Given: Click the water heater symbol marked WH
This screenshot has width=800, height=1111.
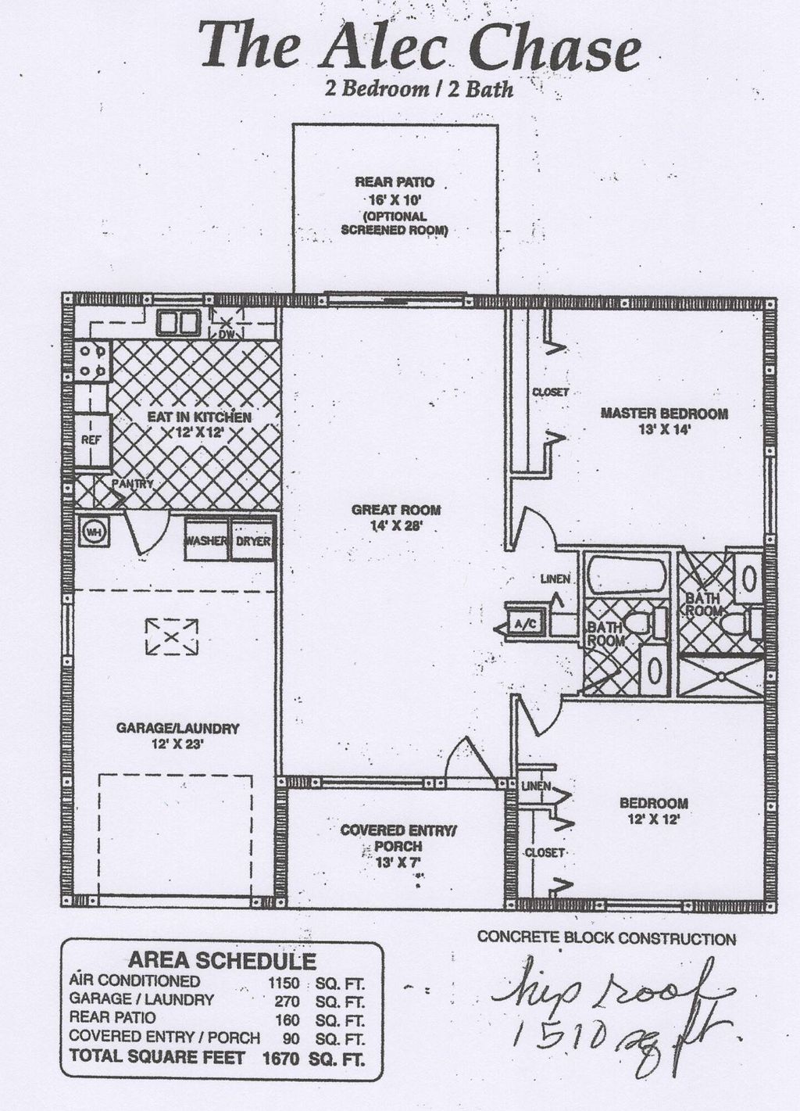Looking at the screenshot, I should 94,532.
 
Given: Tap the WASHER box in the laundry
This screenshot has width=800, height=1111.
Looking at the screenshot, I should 205,541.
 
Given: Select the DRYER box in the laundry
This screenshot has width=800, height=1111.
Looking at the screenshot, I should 252,541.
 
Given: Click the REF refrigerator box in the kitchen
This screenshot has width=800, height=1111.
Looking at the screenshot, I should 91,440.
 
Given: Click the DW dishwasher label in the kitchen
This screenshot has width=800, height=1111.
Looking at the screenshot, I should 226,335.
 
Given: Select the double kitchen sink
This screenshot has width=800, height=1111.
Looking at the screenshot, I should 177,322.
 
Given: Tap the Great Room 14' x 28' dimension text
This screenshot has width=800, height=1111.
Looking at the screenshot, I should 396,526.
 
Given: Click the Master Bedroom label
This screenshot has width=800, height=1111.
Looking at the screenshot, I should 664,413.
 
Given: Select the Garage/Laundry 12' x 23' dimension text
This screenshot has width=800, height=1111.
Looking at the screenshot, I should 177,744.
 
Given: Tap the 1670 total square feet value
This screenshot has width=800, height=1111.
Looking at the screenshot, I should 280,1059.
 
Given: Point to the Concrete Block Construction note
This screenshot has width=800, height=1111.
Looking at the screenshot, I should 606,938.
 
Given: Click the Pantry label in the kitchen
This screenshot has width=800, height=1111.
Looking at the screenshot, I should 132,484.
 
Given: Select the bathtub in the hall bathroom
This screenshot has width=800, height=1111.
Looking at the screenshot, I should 627,576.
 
